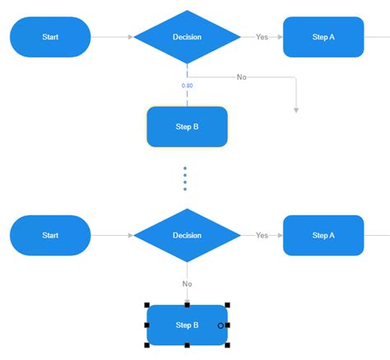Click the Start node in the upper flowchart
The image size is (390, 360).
pos(50,37)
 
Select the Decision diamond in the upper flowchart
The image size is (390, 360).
pos(187,37)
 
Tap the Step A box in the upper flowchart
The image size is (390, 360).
pos(323,37)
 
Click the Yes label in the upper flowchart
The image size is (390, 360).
pos(262,37)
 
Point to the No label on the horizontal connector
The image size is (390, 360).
pos(241,77)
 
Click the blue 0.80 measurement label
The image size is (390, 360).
pos(187,85)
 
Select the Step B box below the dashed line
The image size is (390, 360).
pos(187,127)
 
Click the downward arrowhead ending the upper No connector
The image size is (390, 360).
pos(295,109)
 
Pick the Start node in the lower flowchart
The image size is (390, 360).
pos(50,235)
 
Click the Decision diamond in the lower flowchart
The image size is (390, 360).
pos(187,235)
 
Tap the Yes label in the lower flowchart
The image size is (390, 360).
pos(262,235)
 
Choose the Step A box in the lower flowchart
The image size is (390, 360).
pos(323,235)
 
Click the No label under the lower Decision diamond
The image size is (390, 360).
pos(187,284)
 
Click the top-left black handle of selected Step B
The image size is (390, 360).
pos(146,305)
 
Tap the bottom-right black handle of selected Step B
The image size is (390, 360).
pos(227,345)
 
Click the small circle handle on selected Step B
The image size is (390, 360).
pos(221,325)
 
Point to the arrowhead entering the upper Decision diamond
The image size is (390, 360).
pos(130,37)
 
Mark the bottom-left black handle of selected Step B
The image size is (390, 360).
pos(146,345)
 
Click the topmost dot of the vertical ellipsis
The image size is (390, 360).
pos(185,168)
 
